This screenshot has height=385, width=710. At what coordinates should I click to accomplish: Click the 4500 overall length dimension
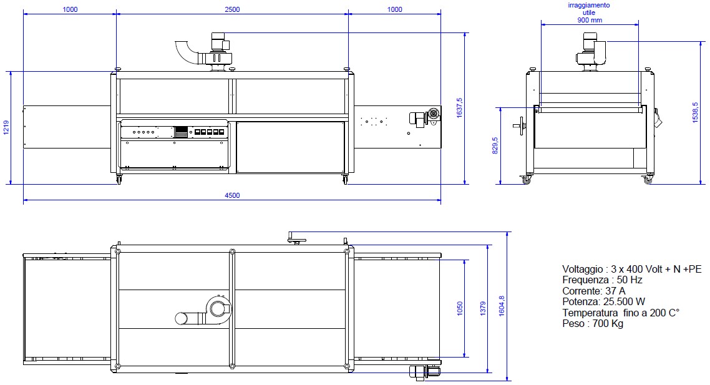[232, 196]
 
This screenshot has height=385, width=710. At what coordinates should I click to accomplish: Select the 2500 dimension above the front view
[232, 9]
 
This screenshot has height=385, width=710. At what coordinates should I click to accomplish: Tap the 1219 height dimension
[6, 128]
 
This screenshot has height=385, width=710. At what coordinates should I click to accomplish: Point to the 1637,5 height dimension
[460, 108]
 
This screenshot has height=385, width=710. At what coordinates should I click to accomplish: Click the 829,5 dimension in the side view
[495, 146]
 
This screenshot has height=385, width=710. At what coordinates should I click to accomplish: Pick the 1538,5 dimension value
[695, 112]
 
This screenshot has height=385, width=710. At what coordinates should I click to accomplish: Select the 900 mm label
[590, 20]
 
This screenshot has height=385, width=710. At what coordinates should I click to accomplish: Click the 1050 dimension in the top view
[460, 308]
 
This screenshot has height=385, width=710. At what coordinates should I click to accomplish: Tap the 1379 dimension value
[483, 308]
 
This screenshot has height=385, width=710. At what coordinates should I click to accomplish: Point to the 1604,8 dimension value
[501, 306]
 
